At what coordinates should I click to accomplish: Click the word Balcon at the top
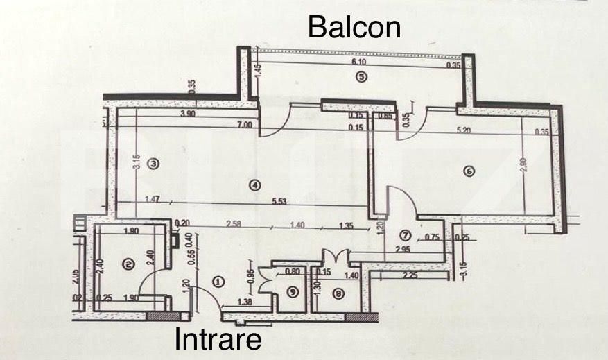click(354, 27)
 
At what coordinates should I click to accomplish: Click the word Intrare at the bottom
click(218, 340)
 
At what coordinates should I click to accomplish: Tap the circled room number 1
click(218, 282)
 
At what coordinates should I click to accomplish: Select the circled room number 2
click(127, 263)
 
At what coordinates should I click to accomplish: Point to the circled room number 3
click(154, 164)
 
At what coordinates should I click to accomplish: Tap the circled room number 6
click(469, 171)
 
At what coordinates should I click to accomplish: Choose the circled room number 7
click(406, 235)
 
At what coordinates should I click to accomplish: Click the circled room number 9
click(293, 293)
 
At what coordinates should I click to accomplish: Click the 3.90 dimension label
click(187, 114)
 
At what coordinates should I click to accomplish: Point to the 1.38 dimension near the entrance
click(244, 302)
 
